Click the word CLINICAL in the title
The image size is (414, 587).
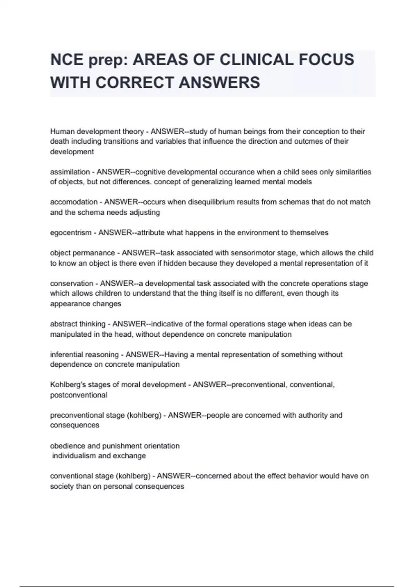pyautogui.click(x=256, y=60)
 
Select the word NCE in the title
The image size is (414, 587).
pyautogui.click(x=67, y=60)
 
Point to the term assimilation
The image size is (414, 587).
pyautogui.click(x=70, y=172)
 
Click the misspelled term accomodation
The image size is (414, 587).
pyautogui.click(x=73, y=202)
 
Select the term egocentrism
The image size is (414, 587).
pyautogui.click(x=70, y=233)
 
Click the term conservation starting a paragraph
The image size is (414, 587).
pyautogui.click(x=72, y=283)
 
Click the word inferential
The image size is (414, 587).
pyautogui.click(x=67, y=355)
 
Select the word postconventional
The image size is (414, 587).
pyautogui.click(x=79, y=395)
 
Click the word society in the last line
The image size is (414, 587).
pyautogui.click(x=61, y=487)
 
